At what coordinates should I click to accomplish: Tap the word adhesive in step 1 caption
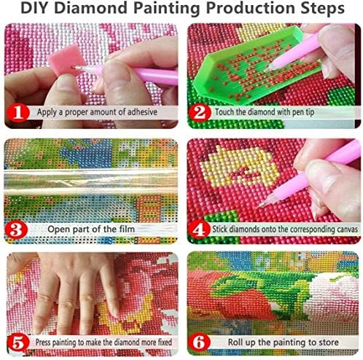pyautogui.click(x=138, y=113)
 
